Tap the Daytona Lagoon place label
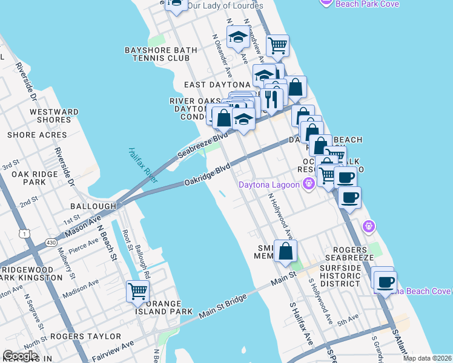coord(270,184)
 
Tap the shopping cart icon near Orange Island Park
coord(137,291)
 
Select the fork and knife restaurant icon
coord(272,99)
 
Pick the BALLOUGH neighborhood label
coord(93,206)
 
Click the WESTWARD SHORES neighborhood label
coord(54,116)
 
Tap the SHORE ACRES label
coord(37,135)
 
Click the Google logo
coord(20,356)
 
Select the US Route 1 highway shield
coord(24,233)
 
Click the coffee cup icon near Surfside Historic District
coord(385,281)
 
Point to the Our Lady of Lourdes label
coord(225,5)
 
